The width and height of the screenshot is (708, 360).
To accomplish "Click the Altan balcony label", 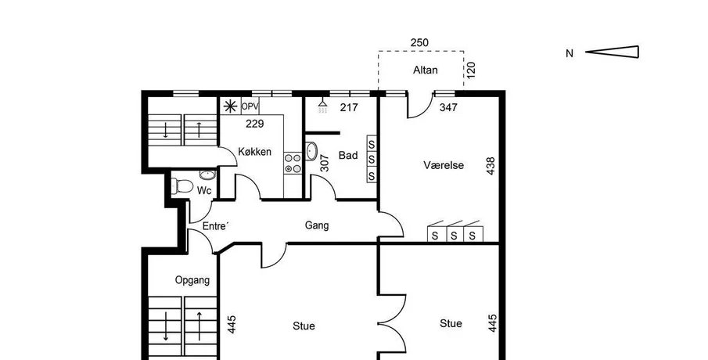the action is coord(425,70).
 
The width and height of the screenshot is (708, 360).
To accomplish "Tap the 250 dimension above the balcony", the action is coord(419,42).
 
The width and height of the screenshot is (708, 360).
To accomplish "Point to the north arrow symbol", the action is coord(613,52).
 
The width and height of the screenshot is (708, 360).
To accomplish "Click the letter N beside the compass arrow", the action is coord(570,53).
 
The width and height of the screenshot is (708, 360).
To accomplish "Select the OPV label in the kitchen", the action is coord(250,106).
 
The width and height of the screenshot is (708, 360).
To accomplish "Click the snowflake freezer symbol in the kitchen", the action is coord(230,106).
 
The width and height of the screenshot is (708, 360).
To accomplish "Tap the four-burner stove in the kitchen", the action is coord(293,163).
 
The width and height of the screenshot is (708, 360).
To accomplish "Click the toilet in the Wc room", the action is coord(182,185).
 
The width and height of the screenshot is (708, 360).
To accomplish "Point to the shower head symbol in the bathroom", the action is coord(322,105).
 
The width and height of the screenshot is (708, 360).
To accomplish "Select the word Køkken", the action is coord(255,152).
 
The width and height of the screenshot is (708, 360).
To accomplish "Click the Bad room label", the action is coord(348,156).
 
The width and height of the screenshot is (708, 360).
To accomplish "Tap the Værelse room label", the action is coord(444,165).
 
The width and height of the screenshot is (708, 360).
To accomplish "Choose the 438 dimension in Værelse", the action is coord(491,166).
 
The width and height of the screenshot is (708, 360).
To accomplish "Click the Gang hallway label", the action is coord(317,225).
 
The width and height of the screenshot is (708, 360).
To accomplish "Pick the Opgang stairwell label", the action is coord(192,280).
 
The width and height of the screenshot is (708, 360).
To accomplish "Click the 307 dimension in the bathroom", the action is coord(324,163).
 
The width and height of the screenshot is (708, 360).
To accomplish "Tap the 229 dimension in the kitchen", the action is coord(255,124).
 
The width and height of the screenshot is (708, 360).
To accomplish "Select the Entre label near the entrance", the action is coord(215,226).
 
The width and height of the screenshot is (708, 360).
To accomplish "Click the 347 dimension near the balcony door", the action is coord(448,107).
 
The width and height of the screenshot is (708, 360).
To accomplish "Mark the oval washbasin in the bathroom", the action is coord(311,151).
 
